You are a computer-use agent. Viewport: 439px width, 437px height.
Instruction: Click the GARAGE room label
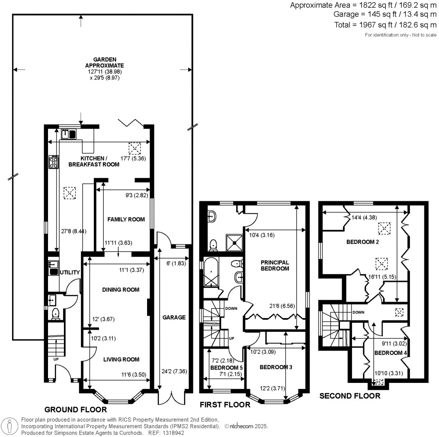[x=174, y=318]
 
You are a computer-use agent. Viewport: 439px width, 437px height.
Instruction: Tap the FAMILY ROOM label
[x=124, y=219]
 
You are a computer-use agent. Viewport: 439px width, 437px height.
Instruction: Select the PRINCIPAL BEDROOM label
[x=274, y=265]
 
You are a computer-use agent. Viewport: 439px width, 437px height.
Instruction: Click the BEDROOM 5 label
[x=226, y=368]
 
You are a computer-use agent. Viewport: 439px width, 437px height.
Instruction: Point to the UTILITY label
[x=70, y=273]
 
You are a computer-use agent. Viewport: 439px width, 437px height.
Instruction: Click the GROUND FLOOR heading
[x=75, y=410]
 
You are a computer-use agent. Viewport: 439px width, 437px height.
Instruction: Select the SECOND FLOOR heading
[x=350, y=396]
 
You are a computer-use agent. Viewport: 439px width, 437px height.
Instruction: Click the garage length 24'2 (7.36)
[x=172, y=371]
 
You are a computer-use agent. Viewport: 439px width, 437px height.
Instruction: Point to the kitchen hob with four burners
[x=54, y=162]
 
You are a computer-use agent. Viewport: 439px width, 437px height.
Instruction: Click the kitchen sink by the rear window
[x=66, y=134]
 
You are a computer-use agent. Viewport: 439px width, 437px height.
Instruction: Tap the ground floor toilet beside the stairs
[x=54, y=314]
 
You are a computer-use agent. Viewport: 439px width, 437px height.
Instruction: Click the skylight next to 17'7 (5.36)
[x=135, y=149]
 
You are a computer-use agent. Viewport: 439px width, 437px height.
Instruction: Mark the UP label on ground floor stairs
[x=56, y=359]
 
